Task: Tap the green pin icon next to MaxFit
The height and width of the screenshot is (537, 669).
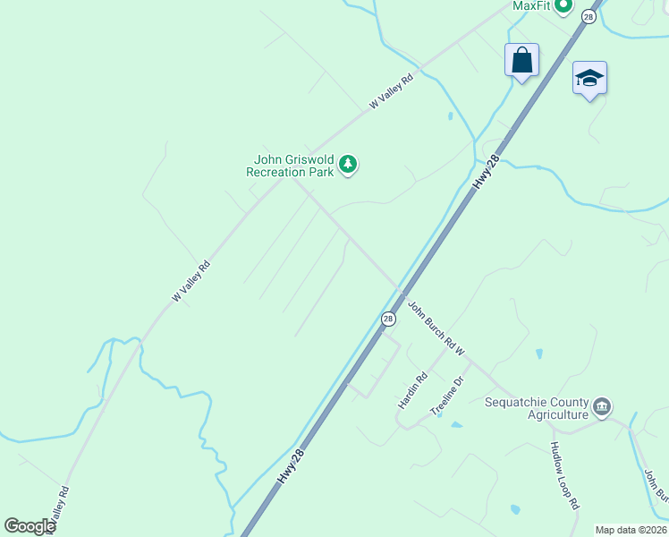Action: click(x=563, y=7)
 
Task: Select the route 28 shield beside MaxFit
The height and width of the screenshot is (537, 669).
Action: click(x=588, y=16)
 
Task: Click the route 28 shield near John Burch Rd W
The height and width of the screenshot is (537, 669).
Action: click(x=388, y=319)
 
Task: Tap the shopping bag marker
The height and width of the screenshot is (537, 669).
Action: click(x=521, y=61)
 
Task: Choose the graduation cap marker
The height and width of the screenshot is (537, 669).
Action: click(x=589, y=78)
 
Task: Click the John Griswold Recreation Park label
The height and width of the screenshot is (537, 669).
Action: click(x=290, y=166)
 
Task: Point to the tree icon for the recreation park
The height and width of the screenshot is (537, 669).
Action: click(x=348, y=165)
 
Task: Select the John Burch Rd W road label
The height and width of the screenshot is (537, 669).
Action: click(x=436, y=328)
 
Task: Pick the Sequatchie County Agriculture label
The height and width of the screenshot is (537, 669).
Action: click(x=537, y=408)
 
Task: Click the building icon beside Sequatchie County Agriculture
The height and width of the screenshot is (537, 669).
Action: click(x=602, y=408)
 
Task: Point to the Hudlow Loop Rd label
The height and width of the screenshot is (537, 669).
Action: click(x=565, y=475)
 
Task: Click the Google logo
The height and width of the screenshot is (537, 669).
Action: click(x=30, y=526)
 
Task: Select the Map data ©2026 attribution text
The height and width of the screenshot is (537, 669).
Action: click(x=631, y=530)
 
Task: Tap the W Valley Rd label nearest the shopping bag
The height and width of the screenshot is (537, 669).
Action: click(x=392, y=92)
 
